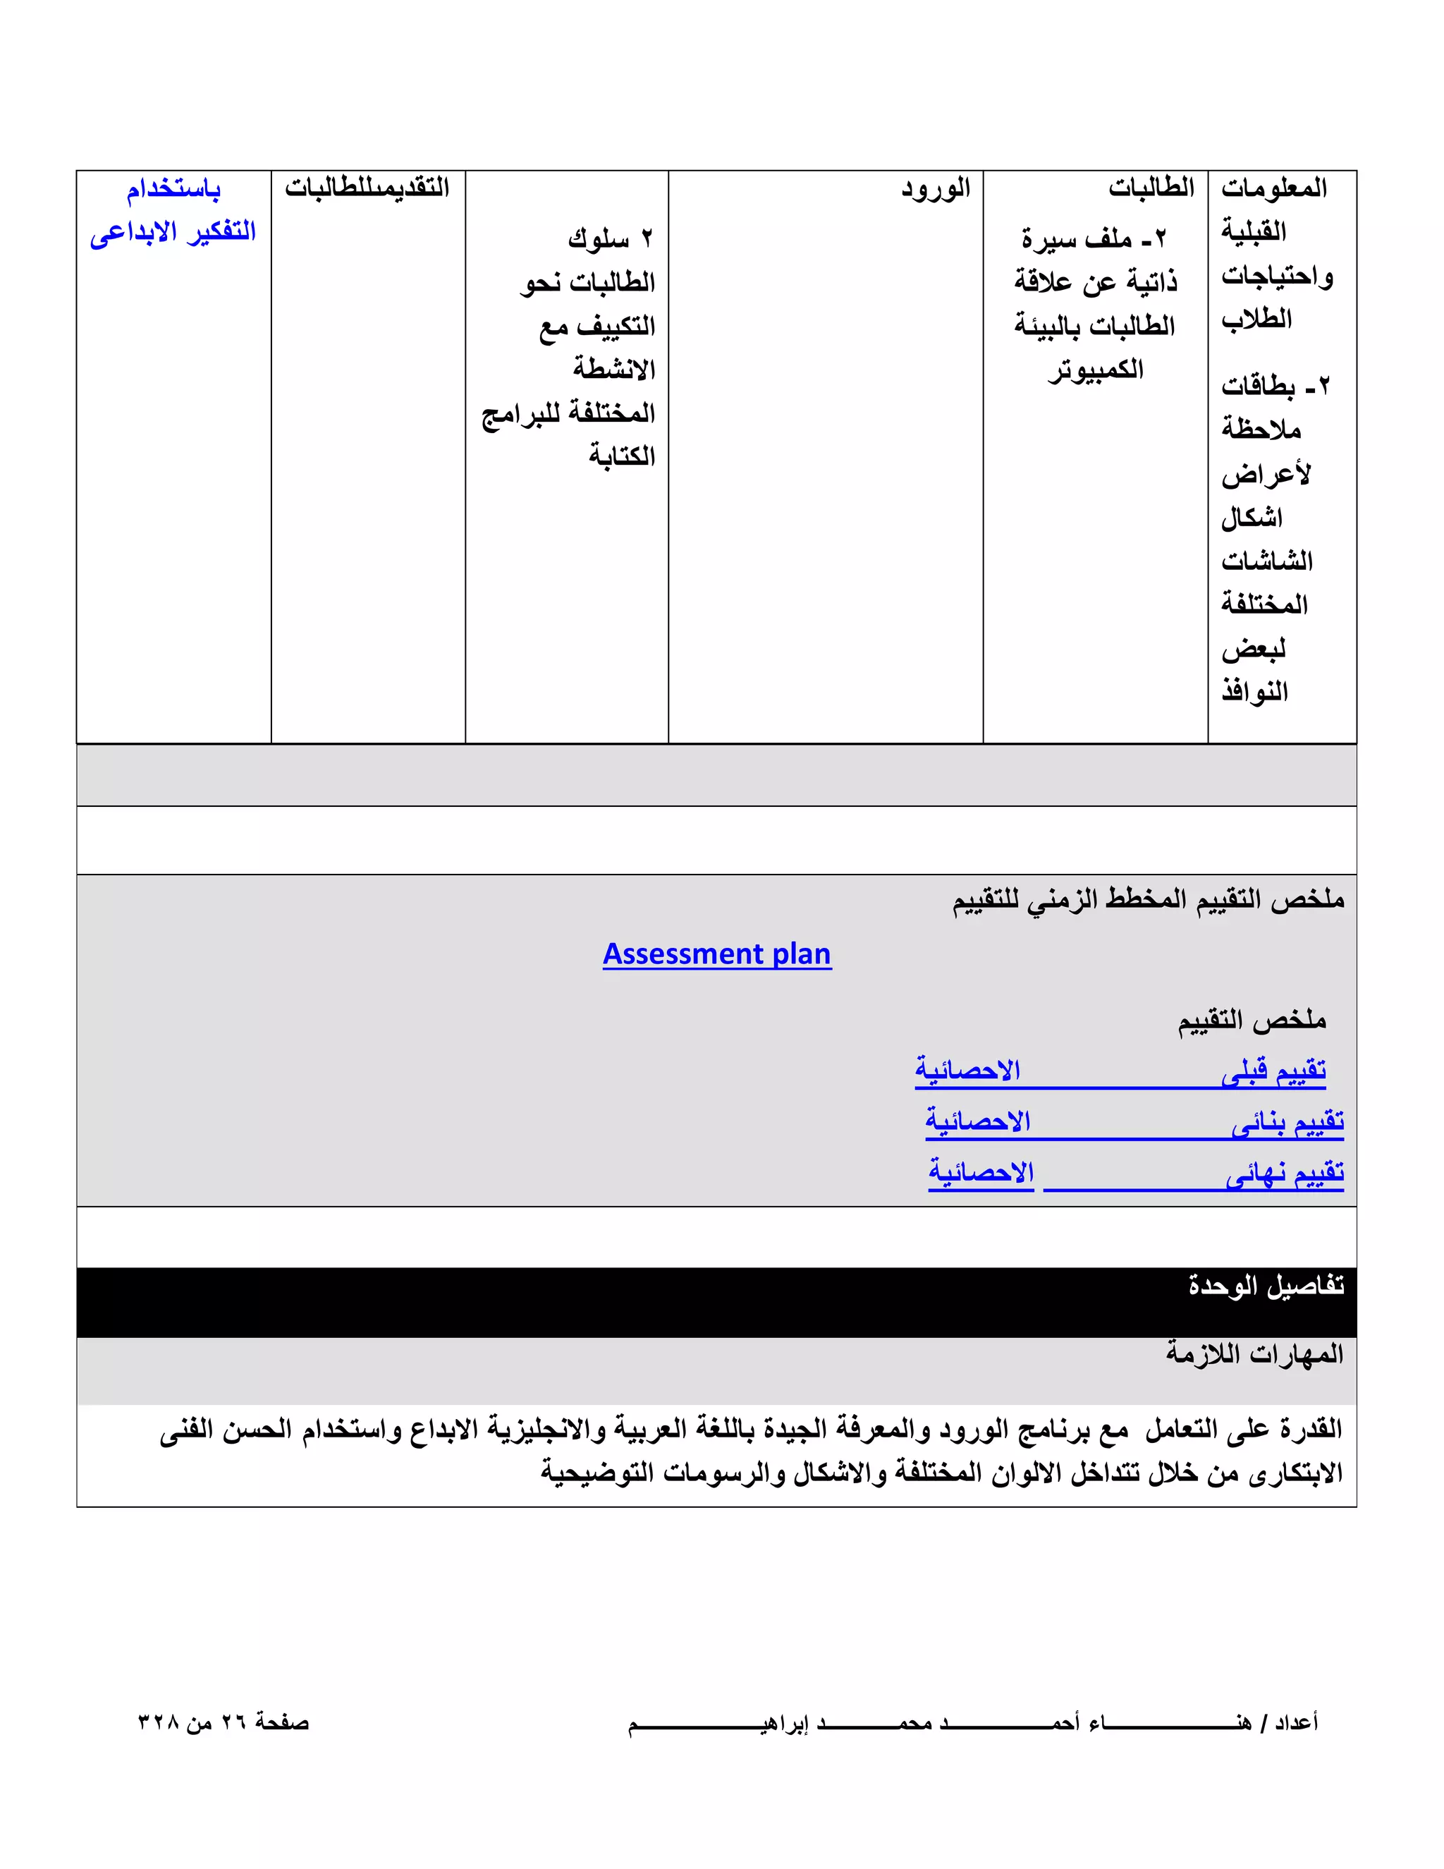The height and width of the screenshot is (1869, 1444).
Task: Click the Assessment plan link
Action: click(x=717, y=954)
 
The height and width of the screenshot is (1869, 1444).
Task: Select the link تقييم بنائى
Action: click(x=1287, y=1121)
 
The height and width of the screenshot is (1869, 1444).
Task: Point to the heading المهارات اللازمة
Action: click(x=1254, y=1354)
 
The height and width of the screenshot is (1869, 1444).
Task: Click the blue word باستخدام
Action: click(x=173, y=189)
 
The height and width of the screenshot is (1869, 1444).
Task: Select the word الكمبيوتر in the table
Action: click(x=1095, y=370)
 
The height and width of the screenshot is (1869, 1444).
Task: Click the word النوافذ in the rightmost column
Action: click(x=1254, y=690)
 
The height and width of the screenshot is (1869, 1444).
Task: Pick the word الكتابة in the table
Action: click(x=621, y=456)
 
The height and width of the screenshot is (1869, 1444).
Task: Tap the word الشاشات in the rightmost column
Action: click(x=1266, y=561)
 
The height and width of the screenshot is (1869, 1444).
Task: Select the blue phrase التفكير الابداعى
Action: click(x=173, y=232)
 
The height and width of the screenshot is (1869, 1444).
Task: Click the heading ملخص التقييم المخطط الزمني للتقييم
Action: click(x=1148, y=899)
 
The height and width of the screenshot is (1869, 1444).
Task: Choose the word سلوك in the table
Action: click(x=598, y=239)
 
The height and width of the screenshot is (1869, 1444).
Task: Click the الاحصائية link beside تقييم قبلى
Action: click(x=967, y=1071)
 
